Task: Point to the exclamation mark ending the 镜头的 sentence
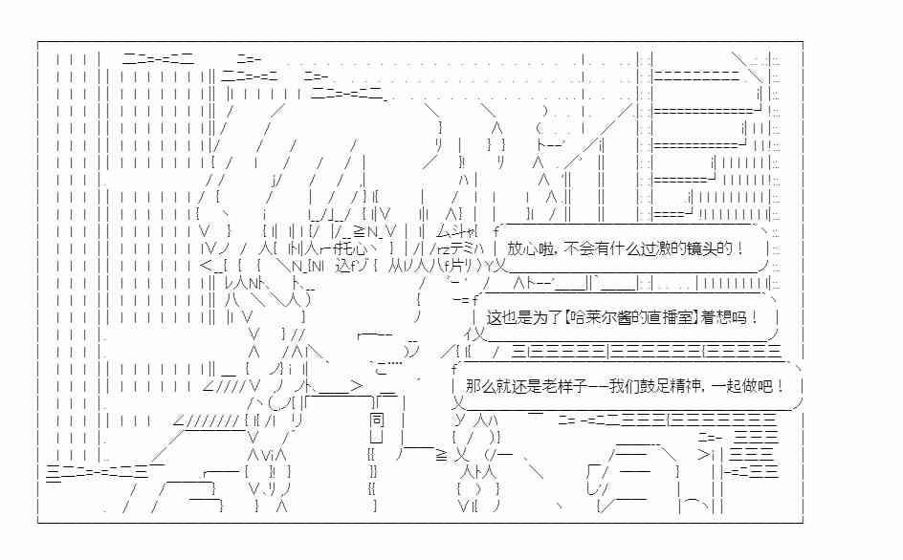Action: [x=739, y=248]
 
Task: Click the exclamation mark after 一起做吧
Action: [x=780, y=386]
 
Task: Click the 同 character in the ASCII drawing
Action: [x=377, y=420]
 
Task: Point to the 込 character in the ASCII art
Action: [x=342, y=266]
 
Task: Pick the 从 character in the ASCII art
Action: [x=395, y=266]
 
